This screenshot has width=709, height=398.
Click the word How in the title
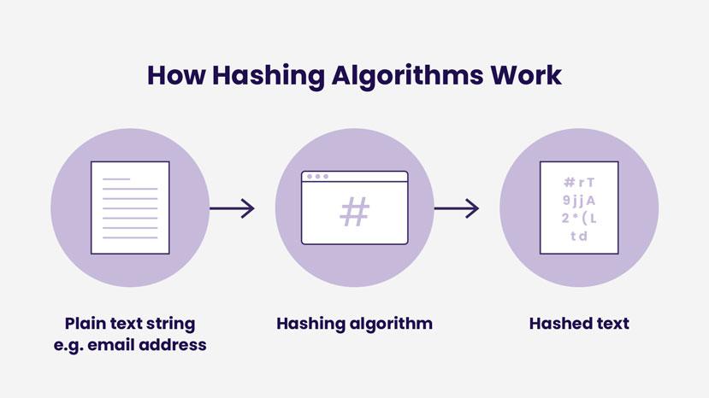[x=176, y=75]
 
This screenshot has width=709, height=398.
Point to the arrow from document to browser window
[x=232, y=208]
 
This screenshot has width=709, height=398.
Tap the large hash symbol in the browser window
[x=354, y=212]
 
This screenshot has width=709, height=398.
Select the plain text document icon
[x=130, y=208]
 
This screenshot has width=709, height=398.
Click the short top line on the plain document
[x=116, y=179]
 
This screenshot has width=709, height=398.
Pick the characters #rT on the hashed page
[x=579, y=182]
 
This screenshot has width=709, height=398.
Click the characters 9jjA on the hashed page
[x=579, y=200]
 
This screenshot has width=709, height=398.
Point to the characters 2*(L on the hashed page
[x=579, y=218]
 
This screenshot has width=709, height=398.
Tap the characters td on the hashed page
[x=579, y=236]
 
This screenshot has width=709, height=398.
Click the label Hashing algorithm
[x=354, y=324]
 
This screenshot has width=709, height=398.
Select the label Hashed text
[x=579, y=324]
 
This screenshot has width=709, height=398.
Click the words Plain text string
[x=130, y=324]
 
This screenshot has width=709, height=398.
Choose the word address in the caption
[x=175, y=345]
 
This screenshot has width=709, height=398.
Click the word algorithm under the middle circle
[x=389, y=324]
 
